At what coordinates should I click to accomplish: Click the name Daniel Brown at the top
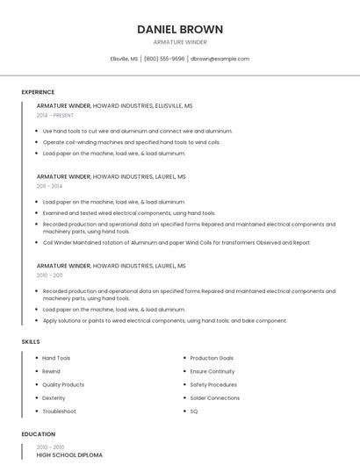[180, 29]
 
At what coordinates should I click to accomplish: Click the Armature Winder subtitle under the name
[180, 42]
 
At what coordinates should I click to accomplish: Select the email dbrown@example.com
[220, 59]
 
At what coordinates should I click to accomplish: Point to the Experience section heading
[38, 92]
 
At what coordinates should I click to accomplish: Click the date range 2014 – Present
[55, 115]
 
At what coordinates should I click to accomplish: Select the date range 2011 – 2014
[49, 186]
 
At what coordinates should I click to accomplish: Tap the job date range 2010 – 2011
[49, 275]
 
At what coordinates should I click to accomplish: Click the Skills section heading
[30, 341]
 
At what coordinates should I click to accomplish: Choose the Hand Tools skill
[56, 358]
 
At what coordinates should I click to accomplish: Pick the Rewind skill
[51, 371]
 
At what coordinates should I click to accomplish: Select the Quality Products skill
[63, 384]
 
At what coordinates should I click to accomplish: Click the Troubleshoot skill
[59, 411]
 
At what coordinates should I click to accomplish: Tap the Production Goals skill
[212, 358]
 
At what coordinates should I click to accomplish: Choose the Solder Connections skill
[214, 397]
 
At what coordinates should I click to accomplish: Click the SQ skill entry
[194, 411]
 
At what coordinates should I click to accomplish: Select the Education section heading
[38, 434]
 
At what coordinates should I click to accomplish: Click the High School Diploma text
[69, 455]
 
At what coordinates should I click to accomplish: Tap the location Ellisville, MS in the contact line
[124, 59]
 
